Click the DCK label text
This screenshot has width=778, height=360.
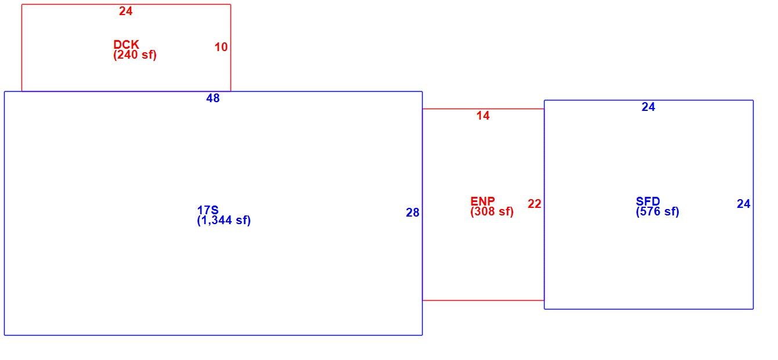click(126, 45)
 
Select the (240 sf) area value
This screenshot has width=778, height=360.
click(135, 55)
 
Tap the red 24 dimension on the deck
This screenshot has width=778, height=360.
click(126, 11)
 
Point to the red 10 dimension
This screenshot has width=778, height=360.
click(221, 47)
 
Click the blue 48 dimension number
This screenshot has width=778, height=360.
click(213, 98)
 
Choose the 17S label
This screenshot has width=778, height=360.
click(208, 210)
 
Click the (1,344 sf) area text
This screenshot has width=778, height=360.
click(224, 220)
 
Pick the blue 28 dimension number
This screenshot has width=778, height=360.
click(413, 213)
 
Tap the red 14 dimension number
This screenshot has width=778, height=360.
click(483, 116)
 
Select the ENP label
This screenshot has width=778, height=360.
click(482, 201)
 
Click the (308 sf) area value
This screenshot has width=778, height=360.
click(492, 211)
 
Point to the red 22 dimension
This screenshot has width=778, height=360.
click(534, 204)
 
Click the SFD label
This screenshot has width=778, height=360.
click(648, 201)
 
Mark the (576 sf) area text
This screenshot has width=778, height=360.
click(657, 211)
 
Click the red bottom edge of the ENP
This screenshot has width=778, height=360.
click(483, 300)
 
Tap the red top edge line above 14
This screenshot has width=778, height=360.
click(483, 109)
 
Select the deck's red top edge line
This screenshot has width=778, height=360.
click(126, 5)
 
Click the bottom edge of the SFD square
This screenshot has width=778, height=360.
click(649, 309)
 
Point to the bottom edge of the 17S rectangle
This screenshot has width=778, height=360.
click(213, 336)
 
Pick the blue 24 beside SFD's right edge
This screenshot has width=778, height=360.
click(744, 204)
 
